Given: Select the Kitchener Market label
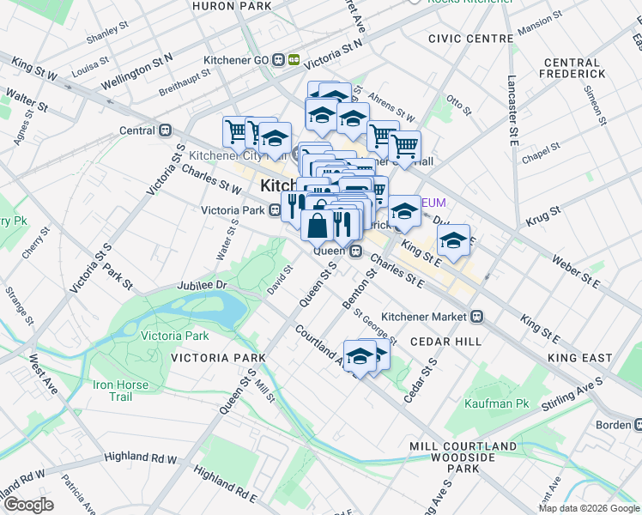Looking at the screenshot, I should click(x=426, y=316).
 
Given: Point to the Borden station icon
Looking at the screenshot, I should click(x=639, y=425).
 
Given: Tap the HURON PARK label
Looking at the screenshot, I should click(x=232, y=6).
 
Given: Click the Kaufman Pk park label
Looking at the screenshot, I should click(x=497, y=403).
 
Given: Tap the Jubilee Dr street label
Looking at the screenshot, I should click(x=201, y=284).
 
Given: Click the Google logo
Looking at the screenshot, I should click(x=28, y=505).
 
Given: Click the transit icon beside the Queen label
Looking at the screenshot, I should click(x=354, y=250).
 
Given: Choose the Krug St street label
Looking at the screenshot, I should click(x=543, y=210).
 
